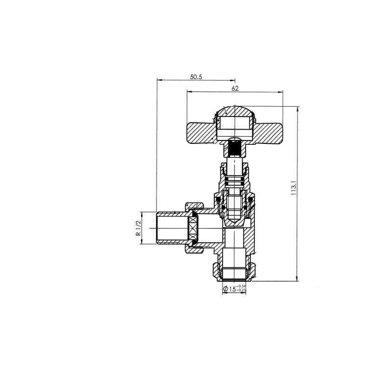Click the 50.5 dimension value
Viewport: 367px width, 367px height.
click(x=196, y=77)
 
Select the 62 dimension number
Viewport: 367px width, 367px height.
click(x=235, y=89)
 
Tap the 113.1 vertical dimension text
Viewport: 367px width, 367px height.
click(x=294, y=188)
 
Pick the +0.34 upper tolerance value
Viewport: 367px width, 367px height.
click(x=241, y=286)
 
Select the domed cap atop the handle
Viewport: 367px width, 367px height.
click(x=235, y=111)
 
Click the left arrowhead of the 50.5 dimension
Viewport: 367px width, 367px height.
click(x=158, y=80)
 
